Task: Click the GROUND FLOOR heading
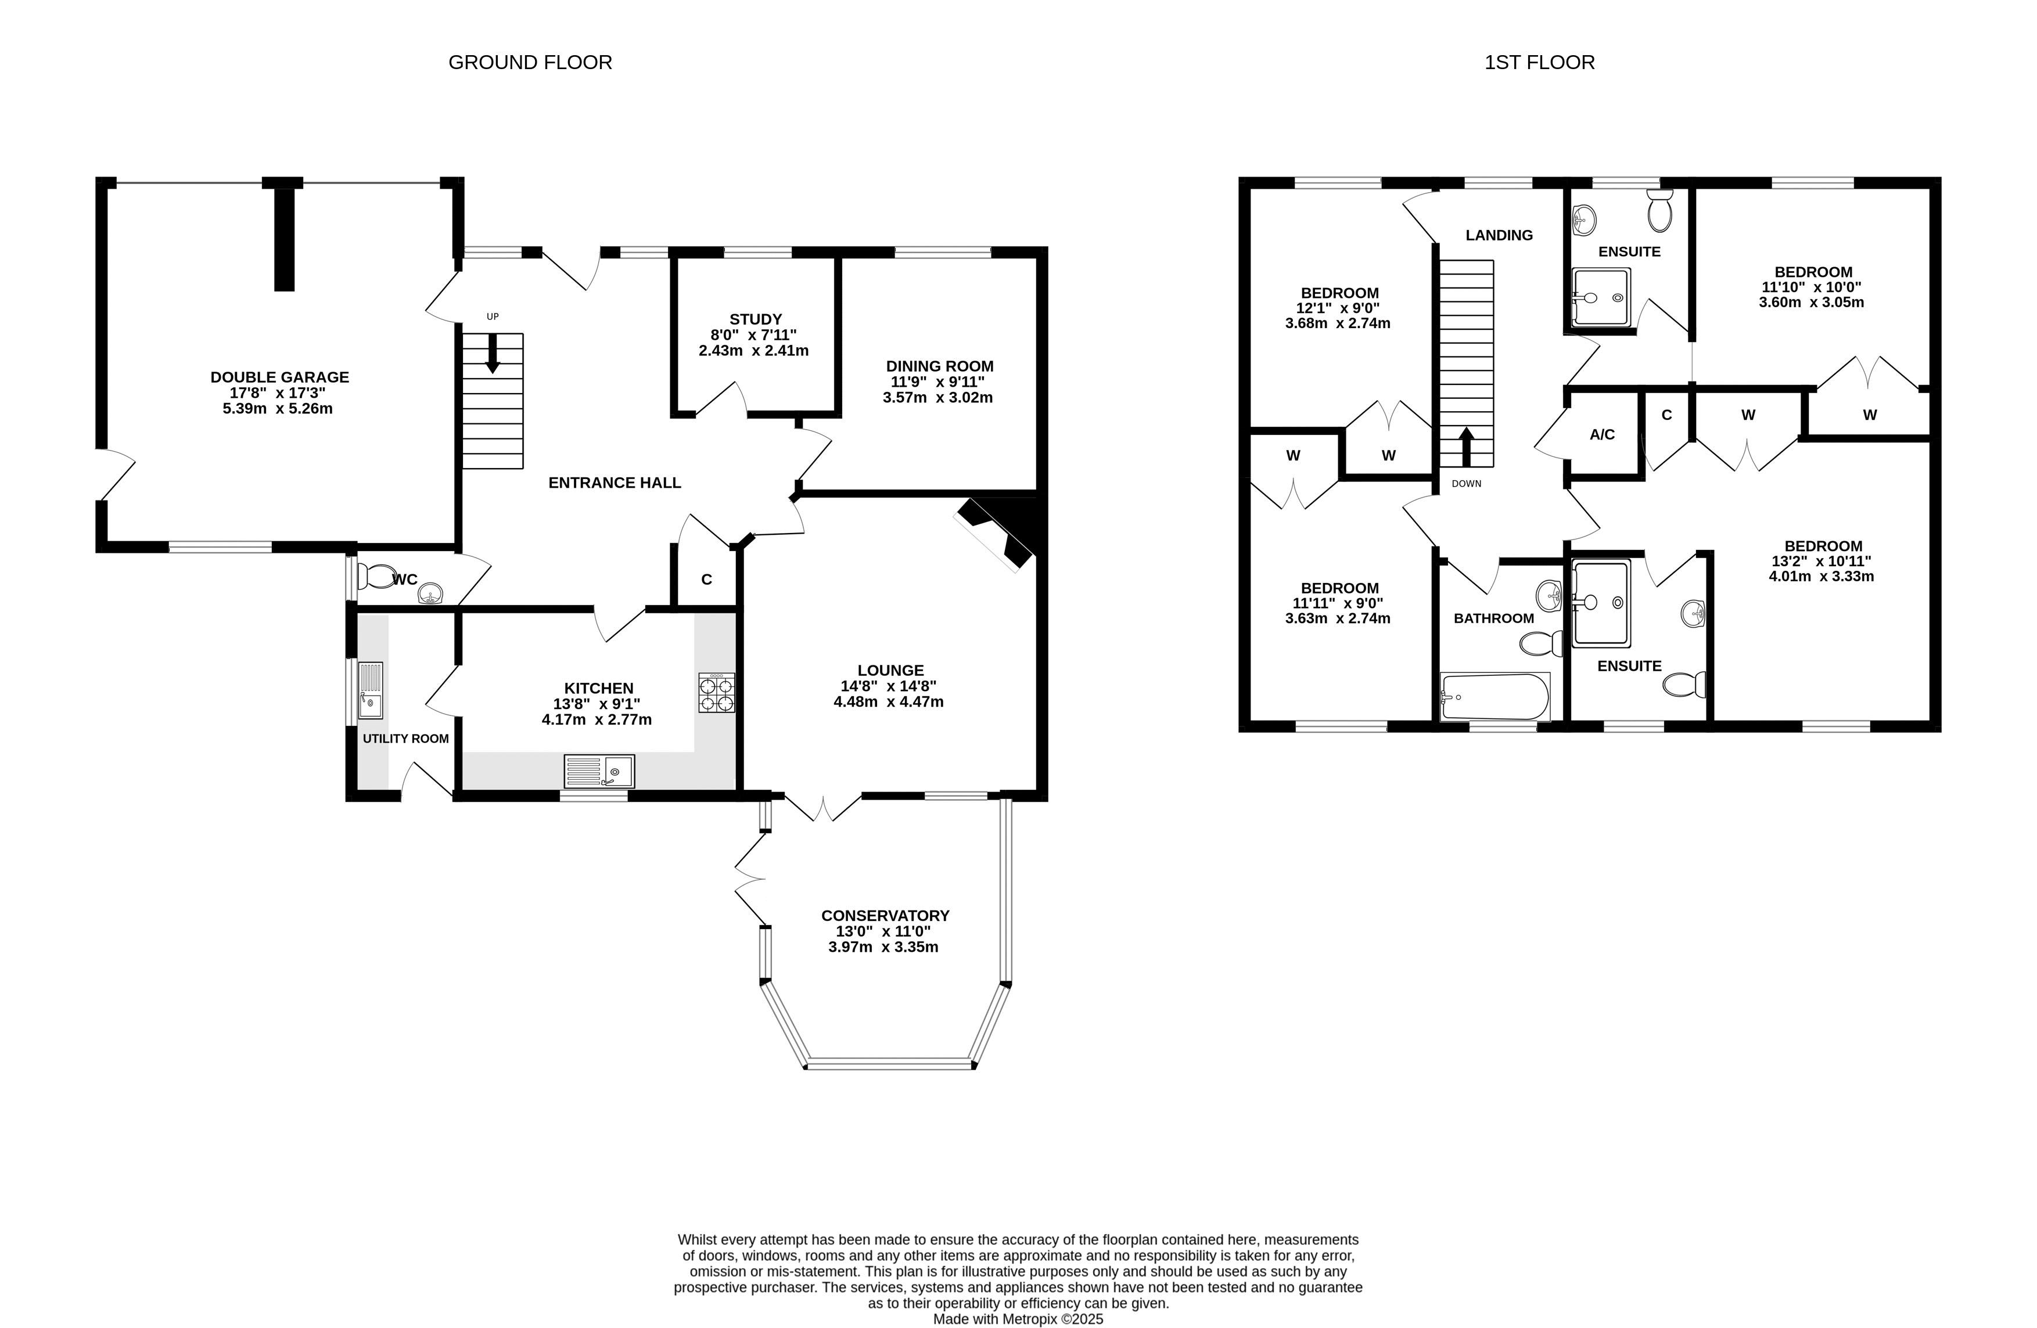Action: point(530,63)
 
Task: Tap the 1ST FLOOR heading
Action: point(1539,63)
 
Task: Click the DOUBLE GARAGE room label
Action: point(280,377)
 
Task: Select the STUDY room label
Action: point(756,319)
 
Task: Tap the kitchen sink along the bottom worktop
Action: point(599,771)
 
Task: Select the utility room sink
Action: point(371,690)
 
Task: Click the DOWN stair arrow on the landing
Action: point(1466,447)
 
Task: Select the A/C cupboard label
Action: point(1602,435)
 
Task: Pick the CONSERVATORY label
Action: point(885,916)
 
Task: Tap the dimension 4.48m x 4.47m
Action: point(889,701)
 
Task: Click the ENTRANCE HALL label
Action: point(615,483)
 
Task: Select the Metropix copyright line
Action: point(1018,1319)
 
